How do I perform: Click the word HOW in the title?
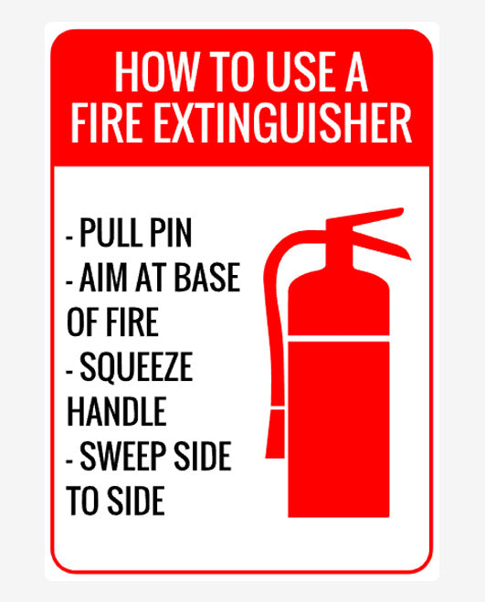(x=157, y=72)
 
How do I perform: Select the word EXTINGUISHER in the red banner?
(x=282, y=123)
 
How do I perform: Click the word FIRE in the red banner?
(x=106, y=123)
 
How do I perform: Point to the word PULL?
(x=111, y=233)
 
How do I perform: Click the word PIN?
(x=171, y=233)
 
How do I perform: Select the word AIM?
(x=103, y=277)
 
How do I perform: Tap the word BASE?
(x=207, y=277)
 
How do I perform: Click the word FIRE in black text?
(x=132, y=322)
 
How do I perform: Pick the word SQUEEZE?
(x=136, y=367)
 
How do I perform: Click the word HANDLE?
(x=117, y=411)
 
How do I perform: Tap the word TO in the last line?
(x=82, y=501)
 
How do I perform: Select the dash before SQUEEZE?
(x=69, y=372)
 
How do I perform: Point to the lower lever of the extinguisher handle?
(x=381, y=245)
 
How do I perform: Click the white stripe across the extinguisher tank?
(x=339, y=338)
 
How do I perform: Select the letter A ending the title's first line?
(x=357, y=72)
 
